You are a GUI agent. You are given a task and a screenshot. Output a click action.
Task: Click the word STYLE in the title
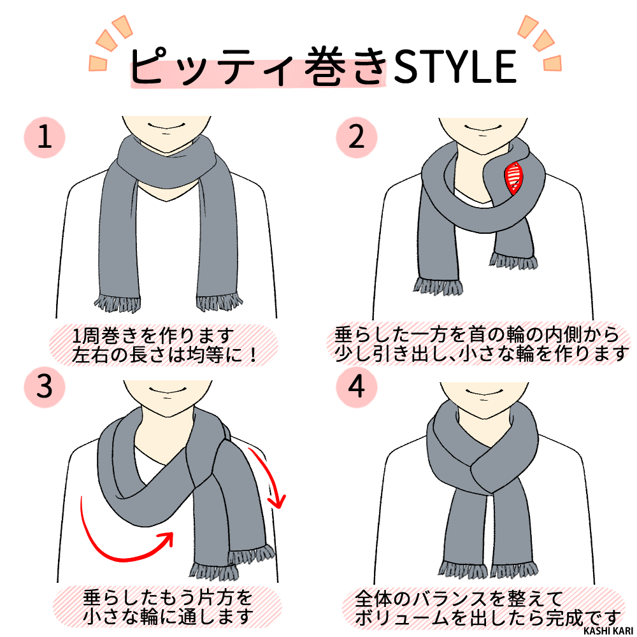pyautogui.click(x=454, y=66)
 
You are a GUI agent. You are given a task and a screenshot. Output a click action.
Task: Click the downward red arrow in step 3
pyautogui.click(x=268, y=478)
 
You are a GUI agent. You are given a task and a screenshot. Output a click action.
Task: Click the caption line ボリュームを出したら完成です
pyautogui.click(x=487, y=617)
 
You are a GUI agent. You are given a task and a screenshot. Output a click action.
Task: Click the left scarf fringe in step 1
pyautogui.click(x=116, y=302)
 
